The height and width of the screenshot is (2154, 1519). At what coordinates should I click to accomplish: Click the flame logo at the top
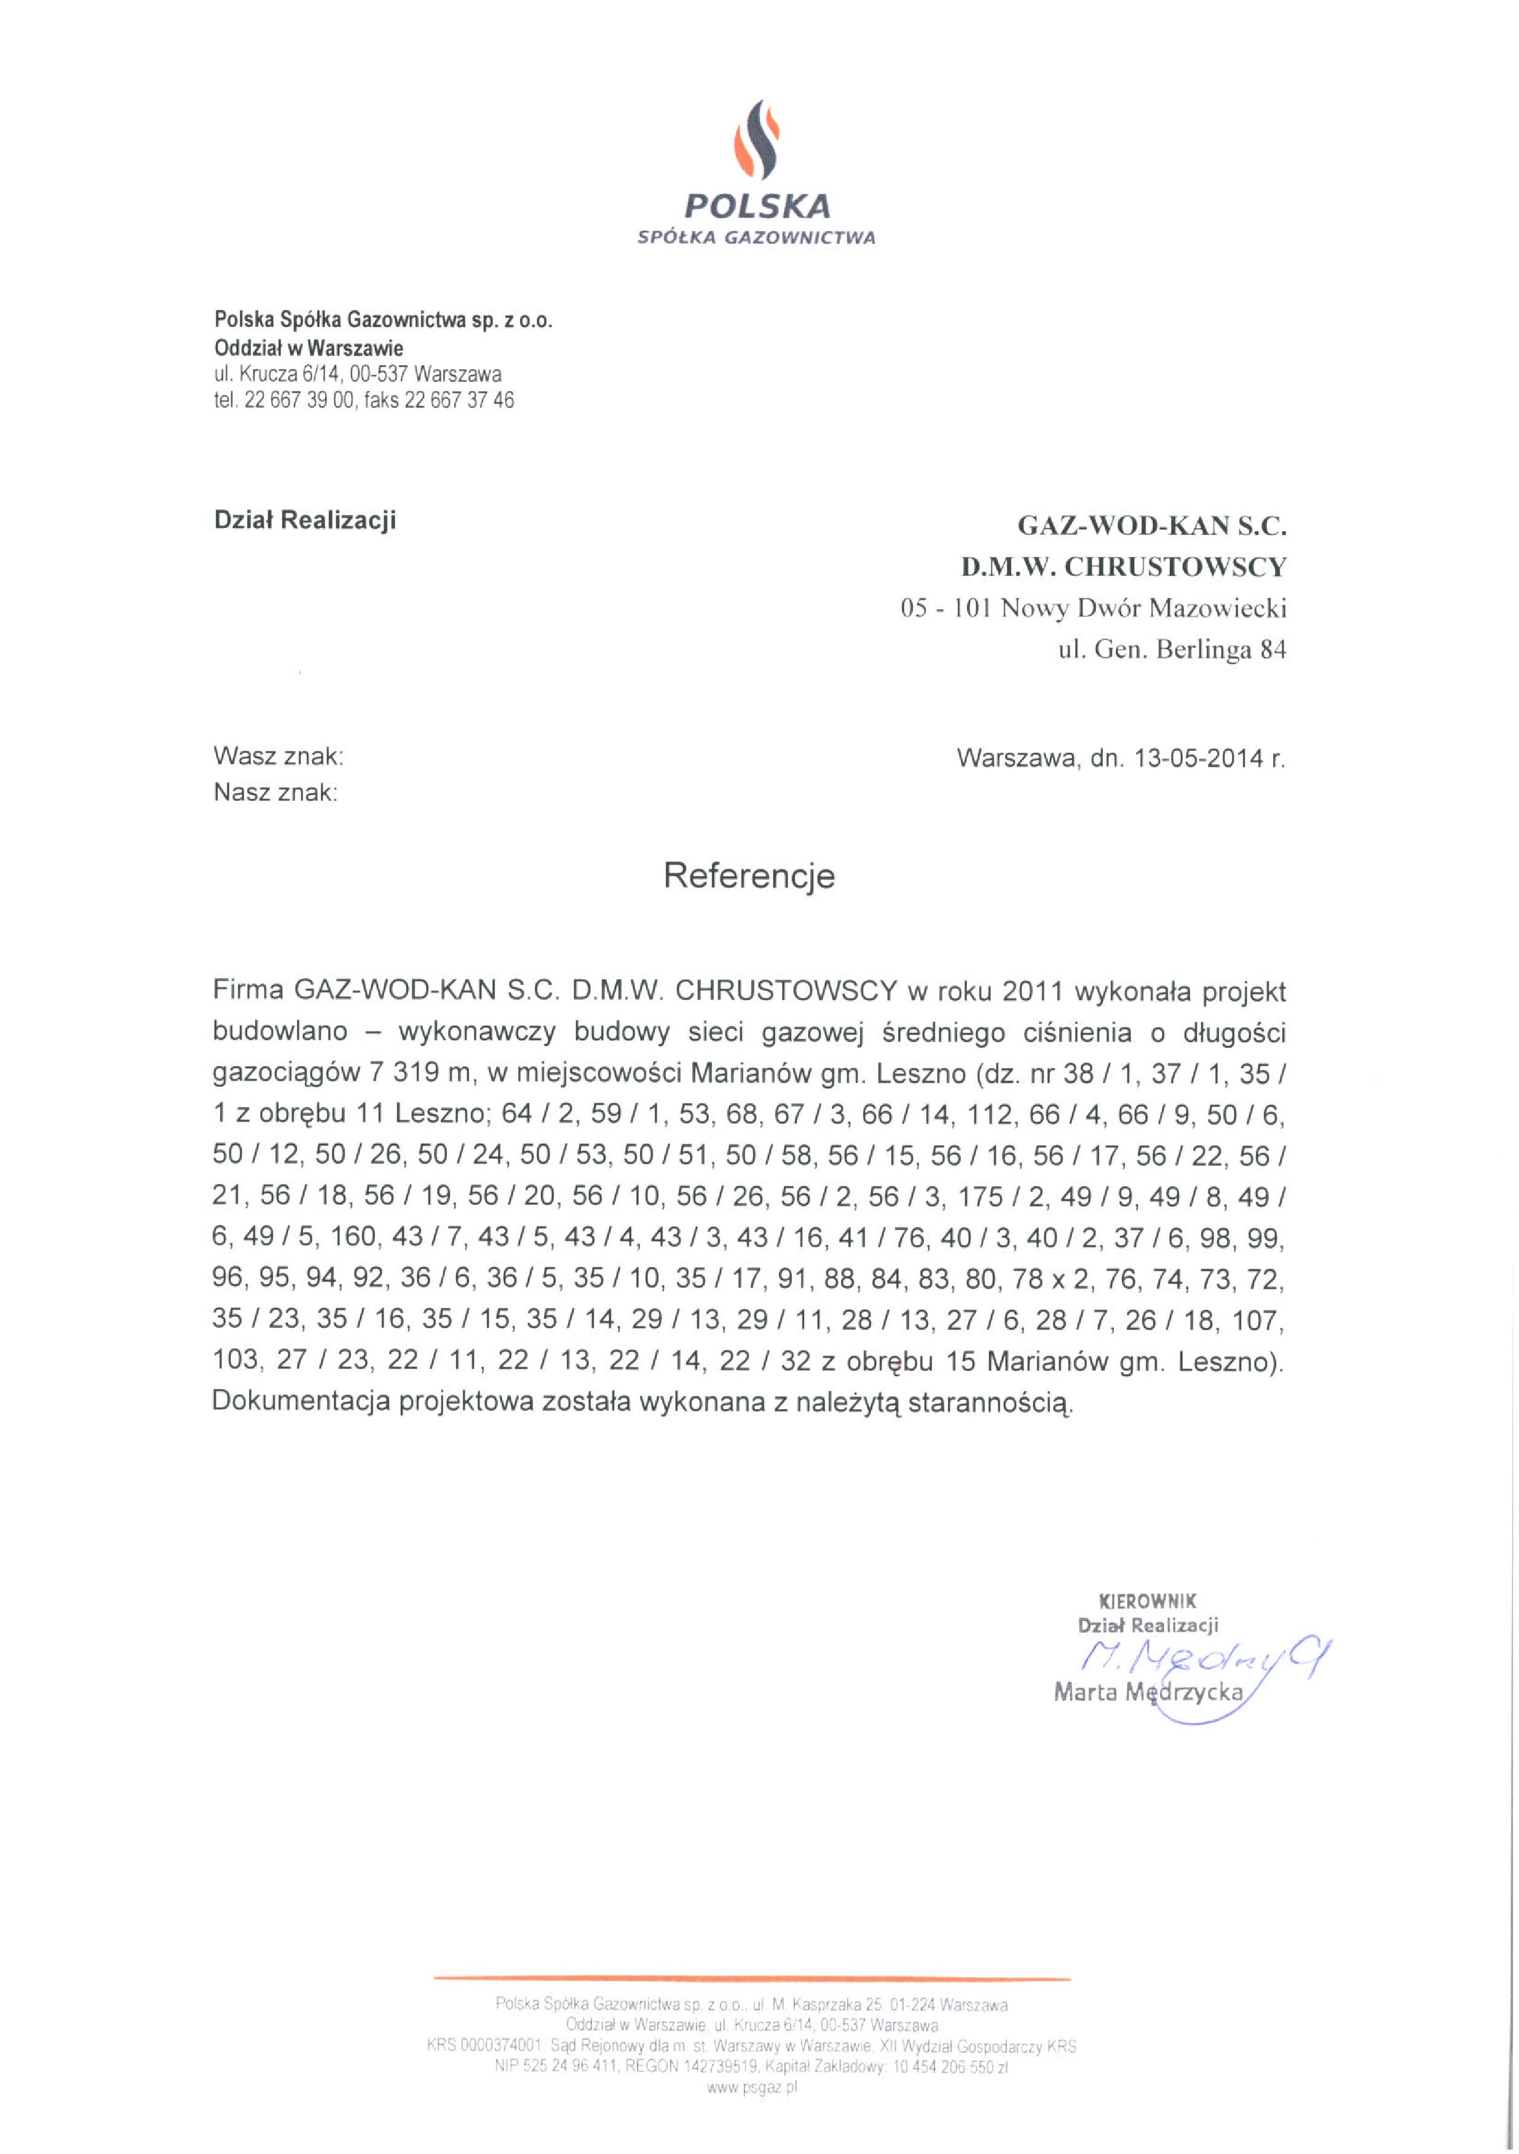(756, 141)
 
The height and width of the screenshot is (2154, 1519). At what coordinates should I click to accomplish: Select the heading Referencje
(749, 875)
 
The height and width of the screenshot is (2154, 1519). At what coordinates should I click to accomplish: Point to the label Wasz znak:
(278, 755)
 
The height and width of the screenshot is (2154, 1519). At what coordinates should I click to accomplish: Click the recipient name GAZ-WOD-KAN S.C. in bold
(1152, 526)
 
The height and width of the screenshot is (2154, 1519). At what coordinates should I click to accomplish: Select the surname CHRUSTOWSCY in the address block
(1175, 567)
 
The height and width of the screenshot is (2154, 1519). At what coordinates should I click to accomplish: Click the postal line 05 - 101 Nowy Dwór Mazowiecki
(1093, 608)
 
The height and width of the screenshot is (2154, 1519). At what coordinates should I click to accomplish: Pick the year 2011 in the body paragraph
(1032, 991)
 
